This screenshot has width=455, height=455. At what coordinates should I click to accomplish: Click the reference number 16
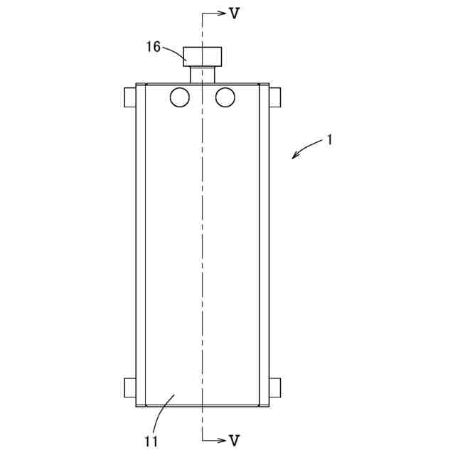tap(153, 47)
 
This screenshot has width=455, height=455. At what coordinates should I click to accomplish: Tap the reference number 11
tap(151, 441)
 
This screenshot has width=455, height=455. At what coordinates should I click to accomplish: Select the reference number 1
tap(329, 140)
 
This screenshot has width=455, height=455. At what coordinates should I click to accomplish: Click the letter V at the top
tap(234, 13)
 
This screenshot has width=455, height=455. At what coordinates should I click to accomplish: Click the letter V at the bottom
tap(234, 441)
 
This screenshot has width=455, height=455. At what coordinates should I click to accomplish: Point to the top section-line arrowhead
tap(222, 13)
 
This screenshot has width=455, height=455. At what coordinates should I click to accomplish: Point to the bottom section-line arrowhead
tap(222, 441)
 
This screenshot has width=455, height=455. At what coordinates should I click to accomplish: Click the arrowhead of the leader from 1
tap(295, 155)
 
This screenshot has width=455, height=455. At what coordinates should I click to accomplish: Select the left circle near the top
tap(180, 97)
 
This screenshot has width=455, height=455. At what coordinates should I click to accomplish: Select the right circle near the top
tap(225, 97)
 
